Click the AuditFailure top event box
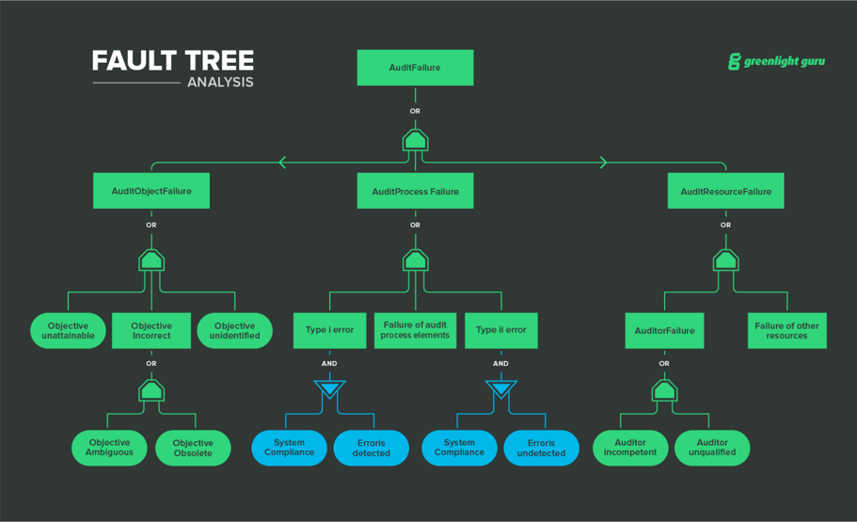(415, 68)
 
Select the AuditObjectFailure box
(151, 191)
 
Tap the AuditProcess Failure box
(415, 191)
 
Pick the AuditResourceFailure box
(725, 191)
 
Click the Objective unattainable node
(68, 331)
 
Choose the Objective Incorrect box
(151, 331)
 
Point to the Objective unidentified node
(234, 331)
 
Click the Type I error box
(329, 330)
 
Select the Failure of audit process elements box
(415, 330)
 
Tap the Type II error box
(500, 330)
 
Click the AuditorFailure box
(664, 331)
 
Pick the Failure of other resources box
(786, 331)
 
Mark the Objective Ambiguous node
(110, 448)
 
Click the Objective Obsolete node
(193, 448)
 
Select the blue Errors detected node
(371, 448)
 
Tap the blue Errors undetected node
(541, 448)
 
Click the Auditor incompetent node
(630, 448)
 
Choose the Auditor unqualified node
(712, 448)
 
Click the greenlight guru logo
(776, 62)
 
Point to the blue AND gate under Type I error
(329, 389)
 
